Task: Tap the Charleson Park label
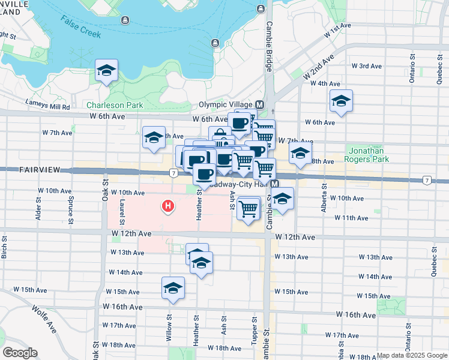[x=115, y=105]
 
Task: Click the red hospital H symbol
[x=169, y=207]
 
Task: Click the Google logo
[x=20, y=353]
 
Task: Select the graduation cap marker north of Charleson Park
[x=106, y=71]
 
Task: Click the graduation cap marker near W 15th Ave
[x=173, y=288]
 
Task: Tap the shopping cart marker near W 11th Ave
[x=248, y=208]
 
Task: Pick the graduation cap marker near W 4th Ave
[x=341, y=101]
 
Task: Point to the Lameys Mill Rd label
[x=48, y=107]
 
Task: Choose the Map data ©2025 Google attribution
[x=411, y=355]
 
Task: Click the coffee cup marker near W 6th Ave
[x=239, y=124]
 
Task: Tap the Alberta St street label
[x=324, y=202]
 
